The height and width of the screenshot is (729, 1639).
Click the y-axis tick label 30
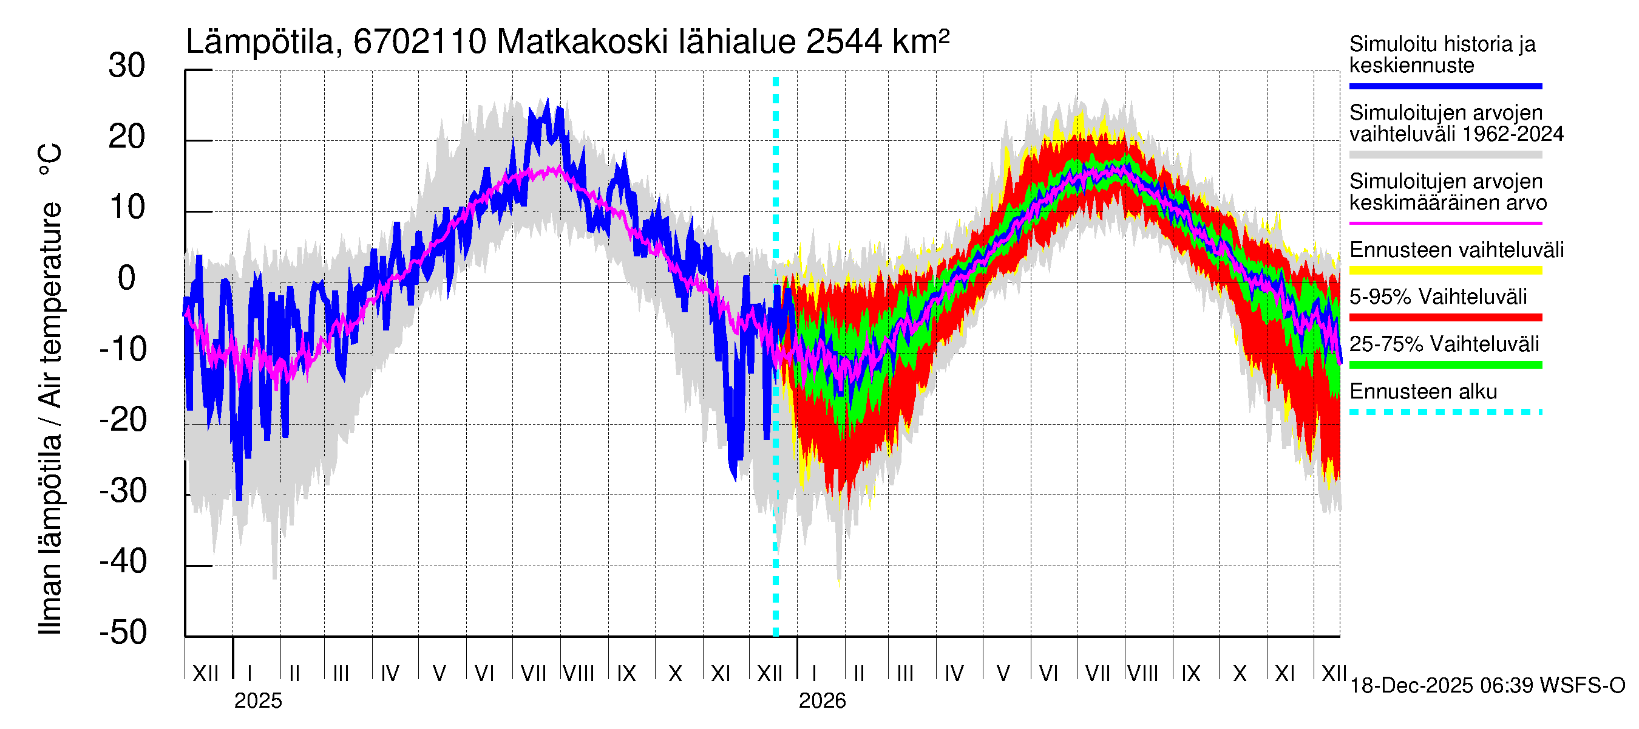pos(127,66)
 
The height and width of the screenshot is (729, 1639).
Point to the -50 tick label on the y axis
pos(123,633)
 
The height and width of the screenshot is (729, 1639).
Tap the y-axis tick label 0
pos(127,279)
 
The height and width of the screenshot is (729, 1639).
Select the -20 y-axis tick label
pos(123,420)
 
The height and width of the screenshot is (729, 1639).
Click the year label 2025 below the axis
pos(257,701)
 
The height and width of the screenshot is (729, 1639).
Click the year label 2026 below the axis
pos(822,701)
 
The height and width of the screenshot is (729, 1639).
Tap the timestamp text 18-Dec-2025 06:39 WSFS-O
pos(1487,686)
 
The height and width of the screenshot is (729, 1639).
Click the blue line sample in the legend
pos(1445,86)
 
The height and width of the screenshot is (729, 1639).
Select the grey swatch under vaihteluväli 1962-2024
pos(1445,155)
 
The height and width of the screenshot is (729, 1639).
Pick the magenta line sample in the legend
pos(1445,224)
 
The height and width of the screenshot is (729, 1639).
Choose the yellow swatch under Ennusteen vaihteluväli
pos(1445,270)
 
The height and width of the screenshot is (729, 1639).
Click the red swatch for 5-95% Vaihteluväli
pos(1445,317)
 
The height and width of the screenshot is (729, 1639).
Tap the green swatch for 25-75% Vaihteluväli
pos(1445,365)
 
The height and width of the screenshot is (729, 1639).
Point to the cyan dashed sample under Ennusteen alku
pos(1445,412)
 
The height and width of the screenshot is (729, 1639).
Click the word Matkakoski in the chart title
pos(582,42)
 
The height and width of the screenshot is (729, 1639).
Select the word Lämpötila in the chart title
pos(260,42)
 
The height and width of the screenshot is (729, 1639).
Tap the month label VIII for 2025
pos(579,673)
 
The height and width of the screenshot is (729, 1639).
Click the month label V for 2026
pos(1003,673)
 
